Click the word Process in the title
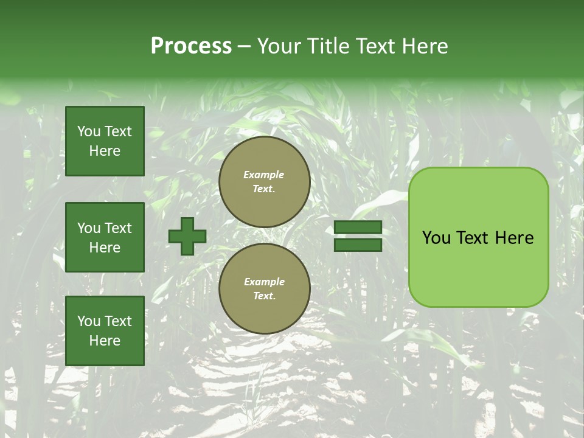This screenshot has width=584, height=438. pyautogui.click(x=191, y=46)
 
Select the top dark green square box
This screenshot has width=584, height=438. pyautogui.click(x=105, y=141)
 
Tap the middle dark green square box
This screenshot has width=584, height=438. pyautogui.click(x=105, y=237)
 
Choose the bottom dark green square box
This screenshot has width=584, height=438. pyautogui.click(x=105, y=331)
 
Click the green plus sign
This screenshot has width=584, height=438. pyautogui.click(x=187, y=236)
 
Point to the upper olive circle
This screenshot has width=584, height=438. pyautogui.click(x=264, y=182)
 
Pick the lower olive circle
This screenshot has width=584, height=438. pyautogui.click(x=264, y=289)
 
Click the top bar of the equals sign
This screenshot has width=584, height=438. pyautogui.click(x=358, y=228)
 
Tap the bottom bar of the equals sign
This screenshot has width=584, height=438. pyautogui.click(x=358, y=245)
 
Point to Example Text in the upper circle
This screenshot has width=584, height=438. pyautogui.click(x=264, y=182)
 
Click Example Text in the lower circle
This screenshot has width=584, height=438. pyautogui.click(x=264, y=289)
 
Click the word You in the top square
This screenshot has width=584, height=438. pyautogui.click(x=89, y=131)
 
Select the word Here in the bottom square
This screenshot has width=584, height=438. pyautogui.click(x=105, y=341)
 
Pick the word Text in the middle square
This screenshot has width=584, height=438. pyautogui.click(x=117, y=228)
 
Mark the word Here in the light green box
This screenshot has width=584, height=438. pyautogui.click(x=515, y=238)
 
